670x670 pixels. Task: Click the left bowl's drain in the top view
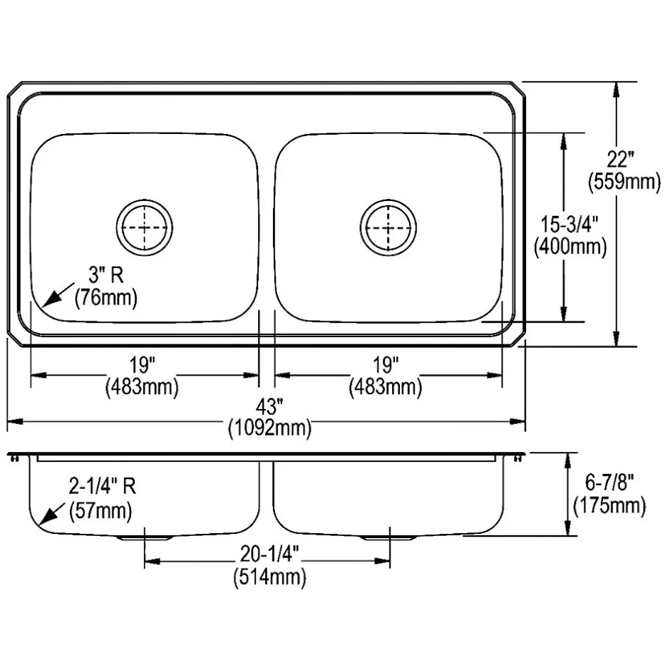pyautogui.click(x=145, y=227)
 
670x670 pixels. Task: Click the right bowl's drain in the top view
pyautogui.click(x=388, y=227)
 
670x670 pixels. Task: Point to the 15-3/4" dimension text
pyautogui.click(x=570, y=225)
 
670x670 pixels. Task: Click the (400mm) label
pyautogui.click(x=570, y=247)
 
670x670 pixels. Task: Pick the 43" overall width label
pyautogui.click(x=269, y=407)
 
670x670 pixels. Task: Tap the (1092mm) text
pyautogui.click(x=269, y=428)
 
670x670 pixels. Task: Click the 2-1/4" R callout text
pyautogui.click(x=102, y=487)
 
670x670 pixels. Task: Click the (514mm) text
pyautogui.click(x=269, y=577)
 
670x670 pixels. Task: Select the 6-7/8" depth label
pyautogui.click(x=609, y=483)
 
